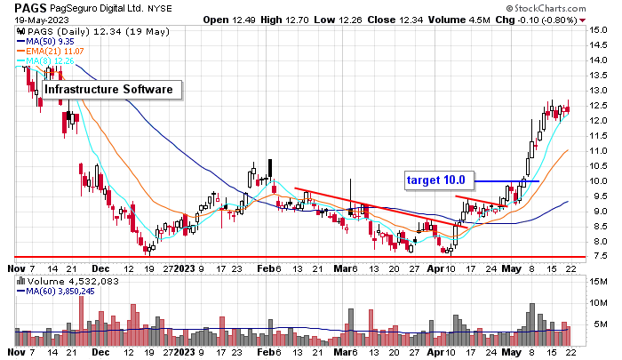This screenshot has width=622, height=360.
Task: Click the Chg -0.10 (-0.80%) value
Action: [537, 19]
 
